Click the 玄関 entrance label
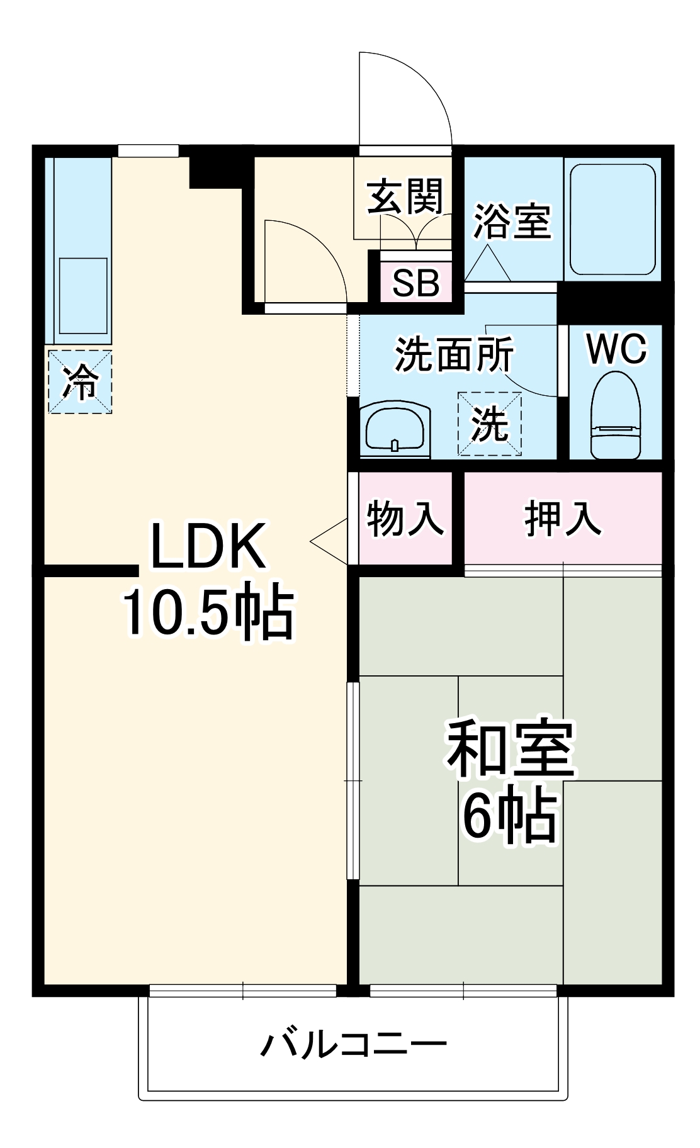405,196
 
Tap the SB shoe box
415,283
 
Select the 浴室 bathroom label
512,221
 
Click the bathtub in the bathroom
612,219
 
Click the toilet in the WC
615,415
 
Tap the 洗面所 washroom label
454,354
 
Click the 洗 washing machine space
489,424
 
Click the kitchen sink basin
83,295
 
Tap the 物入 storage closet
405,519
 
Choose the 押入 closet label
562,519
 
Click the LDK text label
207,546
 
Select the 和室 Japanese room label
511,748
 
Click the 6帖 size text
509,815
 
